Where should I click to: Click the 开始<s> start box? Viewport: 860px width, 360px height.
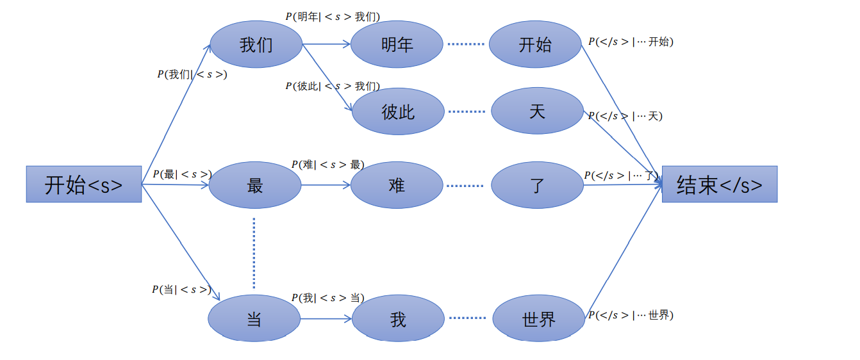pyautogui.click(x=83, y=184)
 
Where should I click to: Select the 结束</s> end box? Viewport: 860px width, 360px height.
pyautogui.click(x=719, y=184)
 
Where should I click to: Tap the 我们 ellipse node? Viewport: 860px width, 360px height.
pyautogui.click(x=256, y=45)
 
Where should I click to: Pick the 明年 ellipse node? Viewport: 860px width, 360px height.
pyautogui.click(x=397, y=45)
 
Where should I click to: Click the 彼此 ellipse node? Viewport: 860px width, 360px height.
pyautogui.click(x=398, y=111)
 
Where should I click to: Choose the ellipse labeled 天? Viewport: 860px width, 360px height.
pyautogui.click(x=537, y=111)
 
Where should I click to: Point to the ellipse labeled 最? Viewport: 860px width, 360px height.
pyautogui.click(x=255, y=185)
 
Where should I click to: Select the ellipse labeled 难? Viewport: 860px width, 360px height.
pyautogui.click(x=397, y=185)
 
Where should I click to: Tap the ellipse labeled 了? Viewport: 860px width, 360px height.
pyautogui.click(x=537, y=185)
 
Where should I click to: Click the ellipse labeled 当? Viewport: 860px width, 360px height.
pyautogui.click(x=254, y=318)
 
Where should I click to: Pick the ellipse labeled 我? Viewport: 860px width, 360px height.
pyautogui.click(x=398, y=318)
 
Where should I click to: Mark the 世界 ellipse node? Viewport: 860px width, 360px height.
pyautogui.click(x=538, y=318)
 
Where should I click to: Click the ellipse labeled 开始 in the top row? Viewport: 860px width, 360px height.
pyautogui.click(x=535, y=45)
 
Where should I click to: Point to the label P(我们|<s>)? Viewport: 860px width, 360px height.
pyautogui.click(x=192, y=74)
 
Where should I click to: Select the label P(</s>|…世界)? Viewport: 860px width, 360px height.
pyautogui.click(x=631, y=315)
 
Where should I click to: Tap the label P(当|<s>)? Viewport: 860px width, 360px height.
pyautogui.click(x=181, y=290)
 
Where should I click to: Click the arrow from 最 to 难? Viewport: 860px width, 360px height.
pyautogui.click(x=326, y=185)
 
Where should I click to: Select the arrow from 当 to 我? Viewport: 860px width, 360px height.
pyautogui.click(x=326, y=318)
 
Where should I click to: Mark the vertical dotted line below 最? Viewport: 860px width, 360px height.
pyautogui.click(x=254, y=253)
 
